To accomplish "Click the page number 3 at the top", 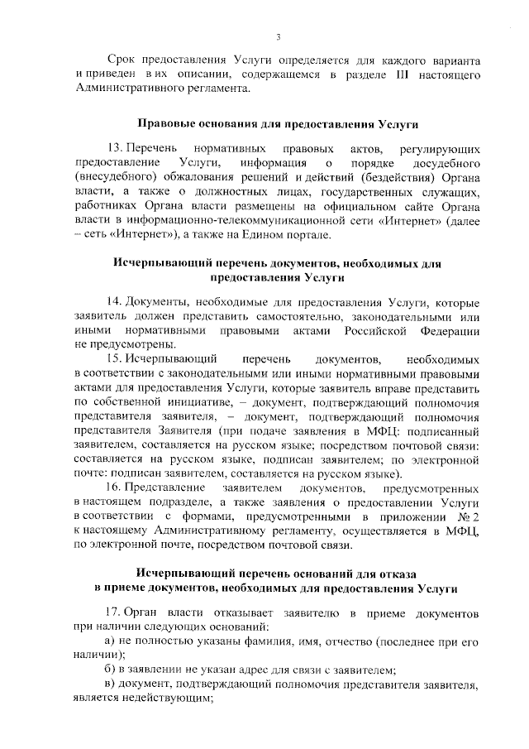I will pos(279,36).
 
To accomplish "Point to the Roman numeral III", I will pos(387,75).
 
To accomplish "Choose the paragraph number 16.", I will pos(115,491).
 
